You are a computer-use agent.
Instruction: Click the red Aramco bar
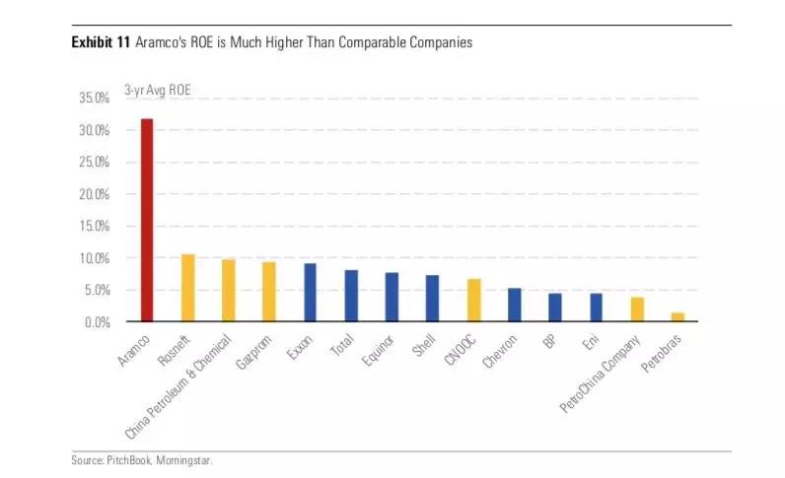[147, 221]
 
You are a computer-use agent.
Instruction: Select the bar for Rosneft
[187, 288]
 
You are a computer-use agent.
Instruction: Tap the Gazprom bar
[269, 292]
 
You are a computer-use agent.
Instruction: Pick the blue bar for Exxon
[310, 293]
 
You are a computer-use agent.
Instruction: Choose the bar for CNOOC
[473, 301]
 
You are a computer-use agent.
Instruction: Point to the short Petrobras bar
[678, 317]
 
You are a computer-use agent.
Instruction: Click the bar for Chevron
[514, 305]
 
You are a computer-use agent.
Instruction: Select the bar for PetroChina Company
[637, 309]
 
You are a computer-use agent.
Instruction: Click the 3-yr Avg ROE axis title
[158, 90]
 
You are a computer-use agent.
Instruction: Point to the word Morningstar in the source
[183, 460]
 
